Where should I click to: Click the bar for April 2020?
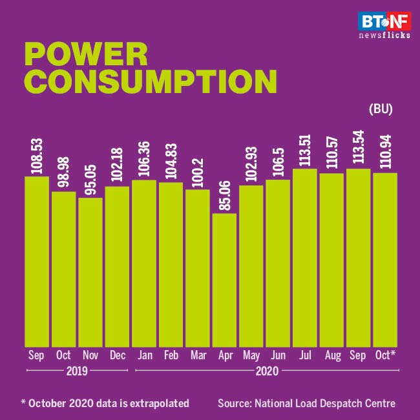point(225,279)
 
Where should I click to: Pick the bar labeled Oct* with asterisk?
point(385,258)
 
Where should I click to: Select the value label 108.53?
point(37,154)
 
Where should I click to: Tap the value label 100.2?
point(198,169)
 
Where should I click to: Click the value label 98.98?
point(64,171)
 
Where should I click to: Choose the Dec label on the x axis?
point(117,355)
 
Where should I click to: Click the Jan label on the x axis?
point(144,355)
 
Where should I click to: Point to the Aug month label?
point(331,355)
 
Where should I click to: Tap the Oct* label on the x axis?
point(386,355)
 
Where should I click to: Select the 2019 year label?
point(77,372)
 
